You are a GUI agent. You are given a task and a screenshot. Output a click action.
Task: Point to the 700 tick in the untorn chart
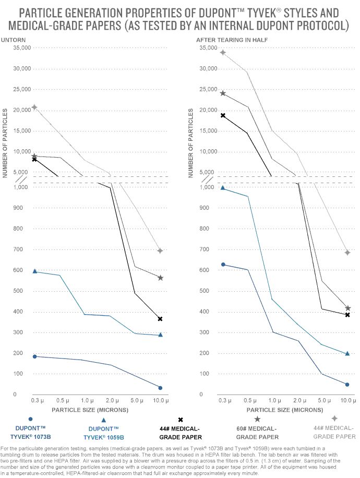[25, 249]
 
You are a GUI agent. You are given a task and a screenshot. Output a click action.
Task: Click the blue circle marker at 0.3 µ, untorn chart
[34, 356]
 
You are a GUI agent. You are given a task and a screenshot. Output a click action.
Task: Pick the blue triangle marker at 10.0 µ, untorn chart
[160, 334]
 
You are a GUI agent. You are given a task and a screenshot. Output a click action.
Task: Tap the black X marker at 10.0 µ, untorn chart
[160, 318]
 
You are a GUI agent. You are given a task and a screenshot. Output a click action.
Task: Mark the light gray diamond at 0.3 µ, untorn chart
[34, 107]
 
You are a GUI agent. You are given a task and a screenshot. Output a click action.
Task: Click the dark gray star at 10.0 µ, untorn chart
[160, 278]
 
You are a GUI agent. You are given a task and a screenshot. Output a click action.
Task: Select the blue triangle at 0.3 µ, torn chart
[223, 188]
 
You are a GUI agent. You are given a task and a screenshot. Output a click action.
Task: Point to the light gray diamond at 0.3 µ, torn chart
[223, 52]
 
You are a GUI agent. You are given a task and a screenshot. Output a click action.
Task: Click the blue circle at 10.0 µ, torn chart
[347, 385]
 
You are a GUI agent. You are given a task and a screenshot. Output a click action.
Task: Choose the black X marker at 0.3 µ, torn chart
[223, 115]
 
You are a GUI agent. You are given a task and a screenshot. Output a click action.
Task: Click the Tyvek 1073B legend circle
[31, 419]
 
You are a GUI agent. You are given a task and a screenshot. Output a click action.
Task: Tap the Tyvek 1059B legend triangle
[104, 420]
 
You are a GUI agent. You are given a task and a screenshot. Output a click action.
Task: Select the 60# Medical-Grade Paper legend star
[257, 419]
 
